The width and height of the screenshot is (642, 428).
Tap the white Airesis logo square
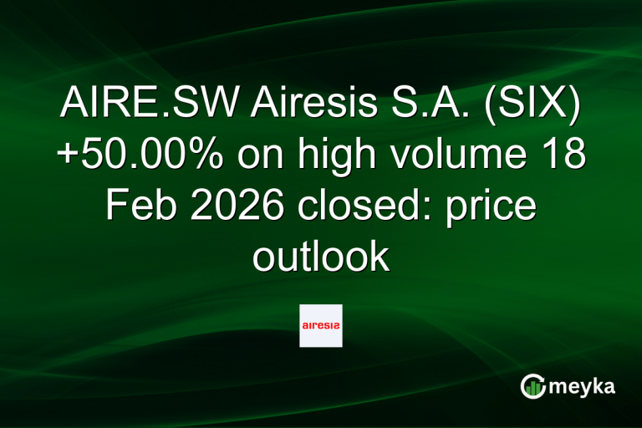[x=321, y=325]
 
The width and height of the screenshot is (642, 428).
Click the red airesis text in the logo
[x=321, y=326]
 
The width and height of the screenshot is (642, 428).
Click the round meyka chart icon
[x=532, y=386]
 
